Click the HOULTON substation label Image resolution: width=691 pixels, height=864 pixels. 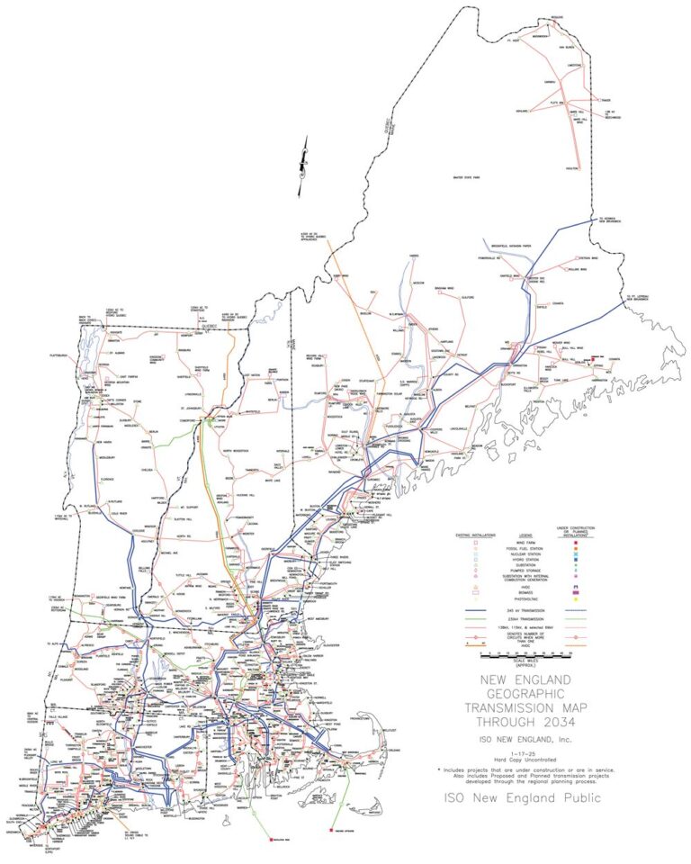569,168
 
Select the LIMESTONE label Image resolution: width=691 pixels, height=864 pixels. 572,65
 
